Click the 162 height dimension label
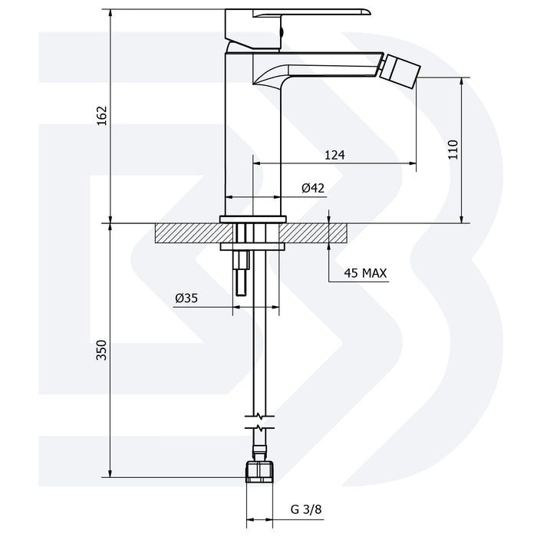pyautogui.click(x=102, y=116)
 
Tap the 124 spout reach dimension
pyautogui.click(x=334, y=155)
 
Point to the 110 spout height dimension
pyautogui.click(x=453, y=148)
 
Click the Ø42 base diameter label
pyautogui.click(x=312, y=188)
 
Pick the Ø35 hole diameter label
pyautogui.click(x=186, y=299)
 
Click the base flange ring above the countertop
pyautogui.click(x=254, y=219)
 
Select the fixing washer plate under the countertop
pyautogui.click(x=254, y=247)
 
